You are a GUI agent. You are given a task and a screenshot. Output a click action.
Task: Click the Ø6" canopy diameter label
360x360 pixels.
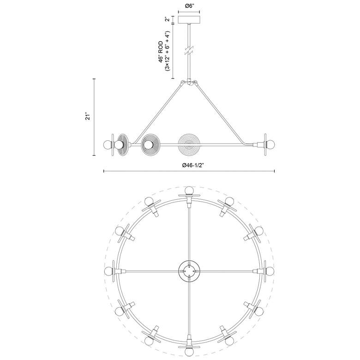189,6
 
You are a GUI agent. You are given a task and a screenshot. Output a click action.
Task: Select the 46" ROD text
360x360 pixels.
161,52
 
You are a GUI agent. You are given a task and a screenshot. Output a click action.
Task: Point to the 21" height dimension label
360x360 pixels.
88,116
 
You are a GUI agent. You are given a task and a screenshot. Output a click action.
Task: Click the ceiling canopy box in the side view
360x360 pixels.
189,19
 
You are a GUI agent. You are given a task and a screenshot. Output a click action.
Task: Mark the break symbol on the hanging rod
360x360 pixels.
189,50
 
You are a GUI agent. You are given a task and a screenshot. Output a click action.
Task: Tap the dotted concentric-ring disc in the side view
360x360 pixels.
189,144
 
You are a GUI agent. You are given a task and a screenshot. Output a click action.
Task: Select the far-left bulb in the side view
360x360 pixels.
107,144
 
